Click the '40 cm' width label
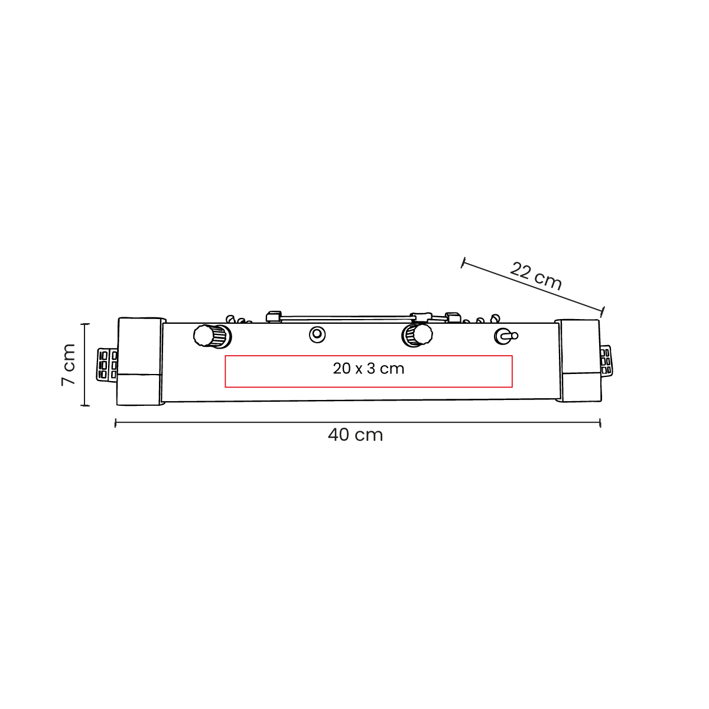point(355,435)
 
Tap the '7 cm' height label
point(69,365)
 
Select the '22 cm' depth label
point(535,276)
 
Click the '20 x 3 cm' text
point(368,369)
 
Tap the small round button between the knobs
point(317,334)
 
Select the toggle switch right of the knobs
point(505,336)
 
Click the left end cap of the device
point(139,362)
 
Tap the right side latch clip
point(606,360)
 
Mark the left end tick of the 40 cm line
point(115,422)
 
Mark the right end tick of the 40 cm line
point(600,422)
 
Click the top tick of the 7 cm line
point(85,324)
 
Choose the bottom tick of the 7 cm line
point(85,405)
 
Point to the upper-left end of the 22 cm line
point(463,263)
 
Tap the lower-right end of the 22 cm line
point(603,311)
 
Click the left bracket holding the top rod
point(273,316)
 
